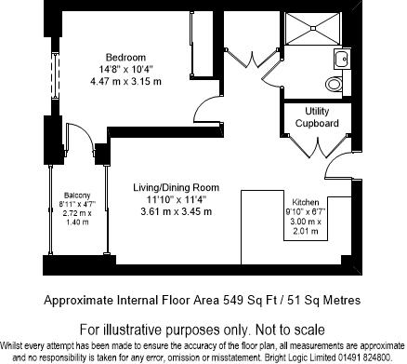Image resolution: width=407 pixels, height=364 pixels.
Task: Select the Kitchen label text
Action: point(307,202)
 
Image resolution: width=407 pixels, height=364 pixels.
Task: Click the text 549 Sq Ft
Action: point(243,301)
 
